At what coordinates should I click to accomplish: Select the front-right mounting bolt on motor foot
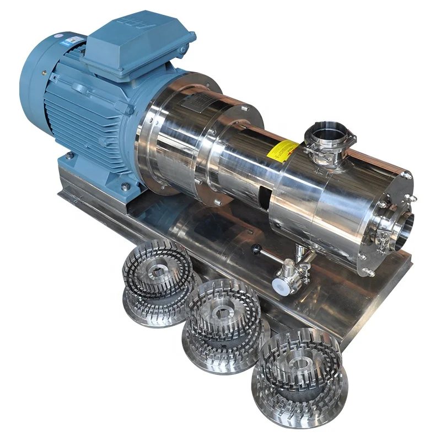pos(126,186)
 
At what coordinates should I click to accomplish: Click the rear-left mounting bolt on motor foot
pos(69,156)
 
